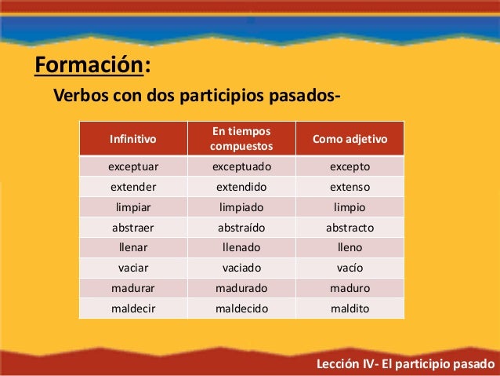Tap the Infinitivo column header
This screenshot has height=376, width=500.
point(132,139)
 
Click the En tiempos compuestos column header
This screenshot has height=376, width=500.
point(241,139)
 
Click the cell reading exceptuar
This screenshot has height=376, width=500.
point(132,167)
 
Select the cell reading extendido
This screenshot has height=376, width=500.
point(241,188)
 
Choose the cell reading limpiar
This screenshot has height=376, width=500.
point(132,208)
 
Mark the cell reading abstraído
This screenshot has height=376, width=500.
point(241,228)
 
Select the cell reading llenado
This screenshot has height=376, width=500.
point(241,248)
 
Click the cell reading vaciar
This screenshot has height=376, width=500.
point(132,268)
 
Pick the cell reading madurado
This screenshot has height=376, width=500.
point(241,289)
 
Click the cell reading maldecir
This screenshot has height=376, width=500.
point(132,309)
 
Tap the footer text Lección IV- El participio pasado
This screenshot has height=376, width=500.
point(404,365)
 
